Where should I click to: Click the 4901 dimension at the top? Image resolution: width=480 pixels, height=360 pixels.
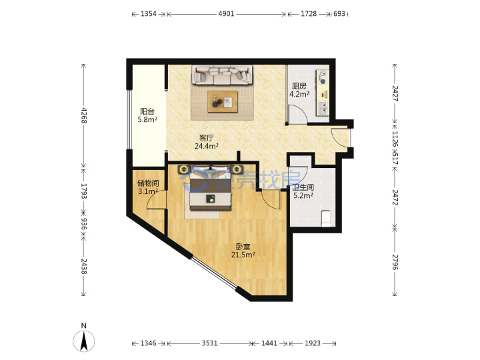click(x=226, y=14)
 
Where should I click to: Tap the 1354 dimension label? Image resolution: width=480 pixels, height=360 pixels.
click(x=149, y=14)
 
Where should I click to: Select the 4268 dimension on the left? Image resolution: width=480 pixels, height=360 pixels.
click(x=83, y=115)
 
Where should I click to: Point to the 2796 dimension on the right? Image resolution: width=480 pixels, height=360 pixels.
click(x=395, y=262)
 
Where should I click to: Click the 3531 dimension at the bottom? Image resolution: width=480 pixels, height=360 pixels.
click(x=209, y=343)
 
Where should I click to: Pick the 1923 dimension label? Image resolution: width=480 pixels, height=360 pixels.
click(x=313, y=343)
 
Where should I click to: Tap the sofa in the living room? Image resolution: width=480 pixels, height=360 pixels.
click(x=223, y=75)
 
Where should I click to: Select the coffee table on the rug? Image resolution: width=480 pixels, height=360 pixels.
click(x=223, y=101)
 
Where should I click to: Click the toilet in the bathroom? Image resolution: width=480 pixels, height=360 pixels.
click(x=326, y=218)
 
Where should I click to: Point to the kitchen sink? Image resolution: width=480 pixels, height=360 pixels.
click(x=323, y=108)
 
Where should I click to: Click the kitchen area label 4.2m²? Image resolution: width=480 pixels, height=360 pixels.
click(x=299, y=94)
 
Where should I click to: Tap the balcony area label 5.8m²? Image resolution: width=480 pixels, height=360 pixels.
click(x=147, y=119)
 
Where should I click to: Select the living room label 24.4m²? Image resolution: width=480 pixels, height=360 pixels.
click(x=206, y=146)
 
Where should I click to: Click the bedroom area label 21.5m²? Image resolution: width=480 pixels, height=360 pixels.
click(x=243, y=255)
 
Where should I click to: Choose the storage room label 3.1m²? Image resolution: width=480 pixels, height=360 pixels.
click(x=148, y=191)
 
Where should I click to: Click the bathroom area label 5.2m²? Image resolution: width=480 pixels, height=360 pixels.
click(x=303, y=195)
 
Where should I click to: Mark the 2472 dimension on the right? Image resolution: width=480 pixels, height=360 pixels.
click(x=395, y=197)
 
